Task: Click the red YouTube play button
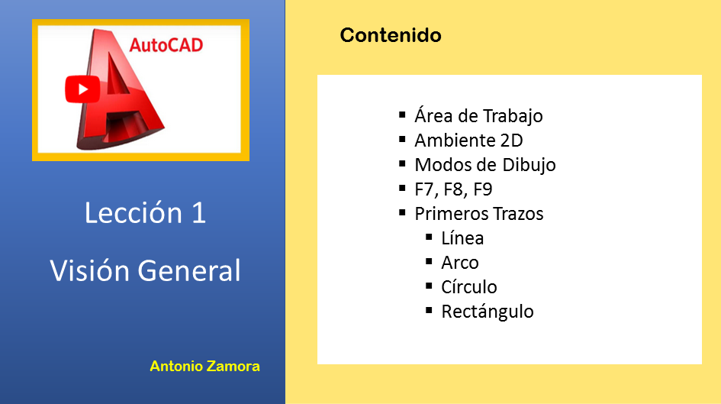click(82, 89)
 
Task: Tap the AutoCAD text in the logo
click(166, 45)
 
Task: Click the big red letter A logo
click(121, 89)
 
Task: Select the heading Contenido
click(391, 35)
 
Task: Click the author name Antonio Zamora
click(204, 367)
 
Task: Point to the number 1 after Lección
click(198, 213)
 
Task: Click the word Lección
click(134, 212)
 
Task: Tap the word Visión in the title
click(90, 270)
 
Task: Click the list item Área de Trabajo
click(478, 115)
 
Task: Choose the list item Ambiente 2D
click(468, 141)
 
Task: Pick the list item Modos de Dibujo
click(485, 165)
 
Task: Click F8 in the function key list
click(453, 189)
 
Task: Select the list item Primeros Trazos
click(478, 214)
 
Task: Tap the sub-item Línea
click(462, 238)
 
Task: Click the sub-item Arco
click(460, 263)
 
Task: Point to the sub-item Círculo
click(469, 286)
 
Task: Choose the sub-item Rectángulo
click(488, 312)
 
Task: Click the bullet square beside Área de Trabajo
click(402, 115)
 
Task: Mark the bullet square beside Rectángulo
click(429, 310)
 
